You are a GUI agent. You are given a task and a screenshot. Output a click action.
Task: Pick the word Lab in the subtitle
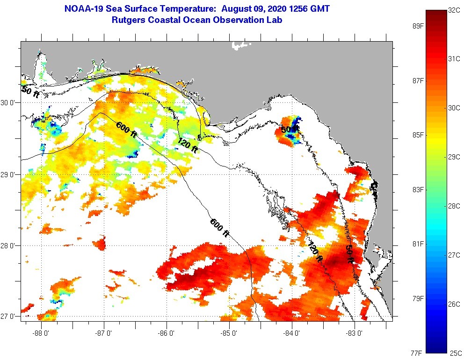(x=275, y=20)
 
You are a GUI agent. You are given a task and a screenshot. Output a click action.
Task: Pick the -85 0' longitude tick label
(x=229, y=333)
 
